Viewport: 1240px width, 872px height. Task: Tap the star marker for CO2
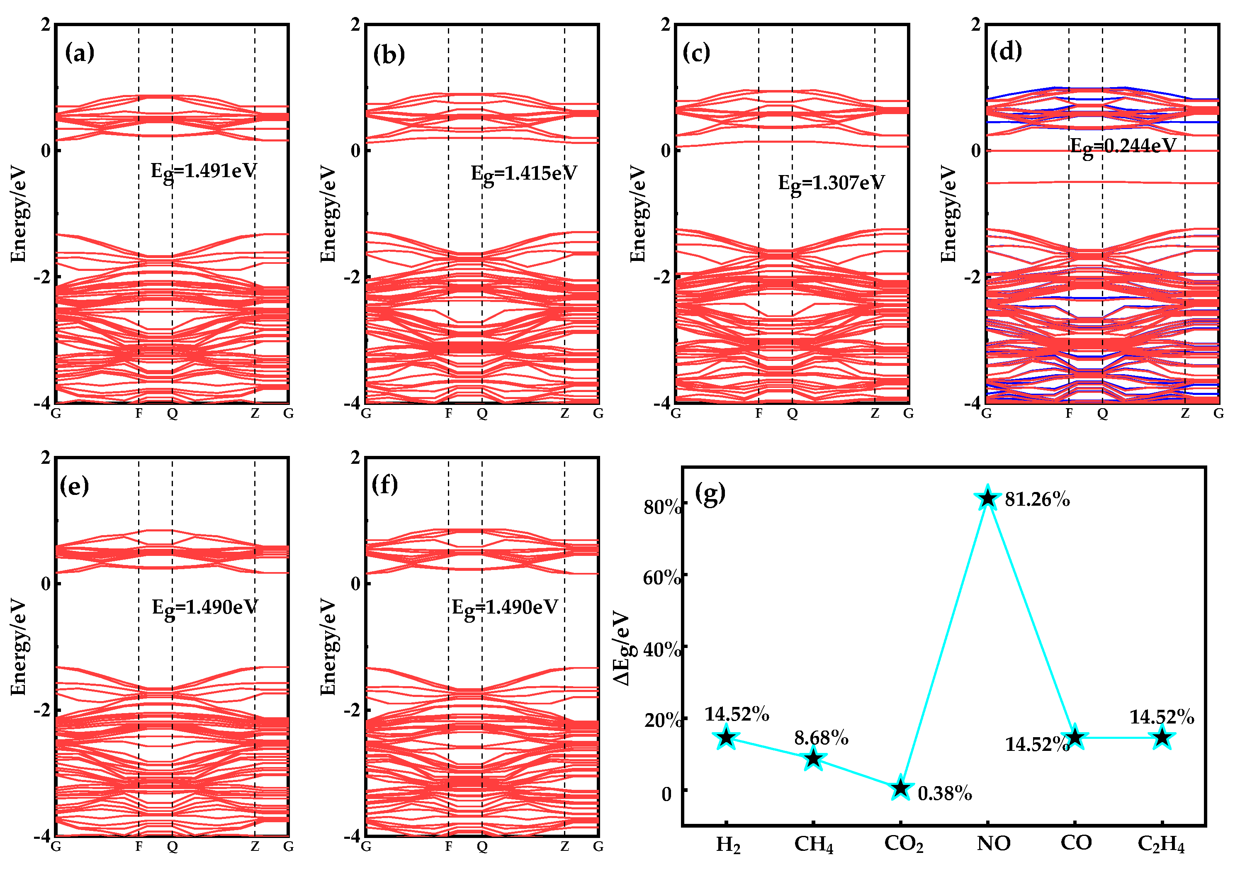click(900, 788)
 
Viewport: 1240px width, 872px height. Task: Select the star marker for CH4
click(813, 759)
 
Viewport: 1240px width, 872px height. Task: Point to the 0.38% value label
click(945, 794)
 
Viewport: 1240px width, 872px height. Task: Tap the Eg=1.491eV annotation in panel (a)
click(203, 172)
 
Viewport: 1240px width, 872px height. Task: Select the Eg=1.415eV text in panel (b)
click(523, 174)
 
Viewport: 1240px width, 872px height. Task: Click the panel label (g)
click(710, 493)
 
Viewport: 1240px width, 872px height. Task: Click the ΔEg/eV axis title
click(623, 648)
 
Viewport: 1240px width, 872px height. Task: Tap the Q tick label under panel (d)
click(1102, 414)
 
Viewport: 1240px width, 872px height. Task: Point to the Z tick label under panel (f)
click(564, 847)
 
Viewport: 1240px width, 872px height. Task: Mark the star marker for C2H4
click(1162, 738)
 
